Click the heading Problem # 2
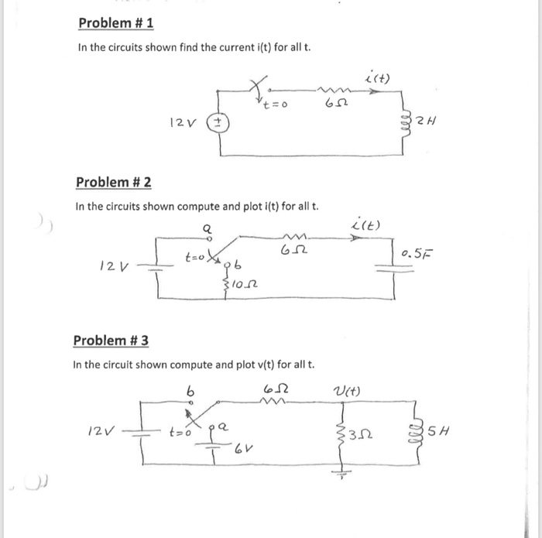click(x=113, y=183)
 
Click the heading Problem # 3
click(x=111, y=341)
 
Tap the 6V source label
click(x=245, y=448)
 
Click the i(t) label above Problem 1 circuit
click(x=378, y=78)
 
